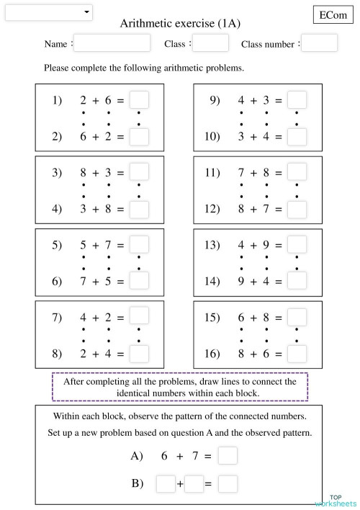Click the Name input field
(x=112, y=43)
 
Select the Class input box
(x=210, y=43)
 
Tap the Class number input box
(x=319, y=43)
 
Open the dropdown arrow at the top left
(x=87, y=12)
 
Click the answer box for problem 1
(x=139, y=100)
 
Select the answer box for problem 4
(x=139, y=209)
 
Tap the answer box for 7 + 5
(x=139, y=280)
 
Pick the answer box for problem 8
(x=139, y=353)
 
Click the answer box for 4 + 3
(x=297, y=100)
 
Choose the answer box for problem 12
(x=297, y=209)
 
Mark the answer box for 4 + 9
(x=297, y=245)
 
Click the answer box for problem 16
(x=297, y=353)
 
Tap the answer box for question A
(x=228, y=456)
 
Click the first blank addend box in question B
(x=165, y=484)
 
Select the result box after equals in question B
(x=228, y=484)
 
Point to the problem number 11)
(x=212, y=173)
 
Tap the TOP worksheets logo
(x=336, y=501)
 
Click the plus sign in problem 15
(x=254, y=317)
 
